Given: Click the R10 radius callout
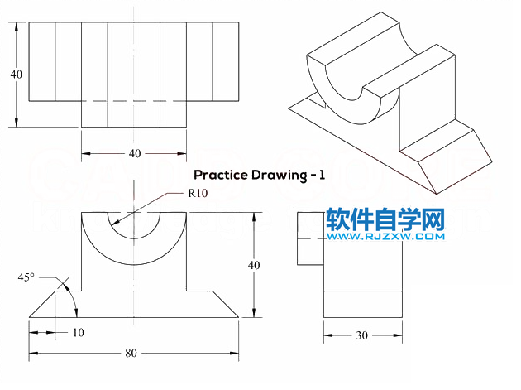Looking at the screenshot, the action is coord(198,193).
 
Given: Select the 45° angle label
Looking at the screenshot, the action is coord(26,277).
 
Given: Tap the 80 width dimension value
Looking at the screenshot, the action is coord(131,353).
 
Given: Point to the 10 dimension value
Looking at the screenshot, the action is coord(79,332).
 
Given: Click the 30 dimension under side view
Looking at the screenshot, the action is coord(362,335).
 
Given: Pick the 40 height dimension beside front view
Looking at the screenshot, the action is coord(254,265).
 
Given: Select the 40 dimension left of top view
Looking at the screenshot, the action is coord(17,75).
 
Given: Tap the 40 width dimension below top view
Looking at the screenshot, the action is coord(135,153).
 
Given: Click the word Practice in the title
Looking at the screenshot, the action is coord(221,175).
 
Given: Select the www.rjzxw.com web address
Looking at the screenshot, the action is coord(385,237).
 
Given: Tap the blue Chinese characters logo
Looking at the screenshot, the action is coord(385,219).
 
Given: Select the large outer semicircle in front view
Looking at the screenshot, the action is coord(134,265).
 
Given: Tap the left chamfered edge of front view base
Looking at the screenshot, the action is coord(42,304).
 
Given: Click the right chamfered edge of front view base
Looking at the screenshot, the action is coord(226,304).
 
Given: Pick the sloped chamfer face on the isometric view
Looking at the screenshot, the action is coord(455,161).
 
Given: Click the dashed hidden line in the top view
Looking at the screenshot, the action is coord(134,101).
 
